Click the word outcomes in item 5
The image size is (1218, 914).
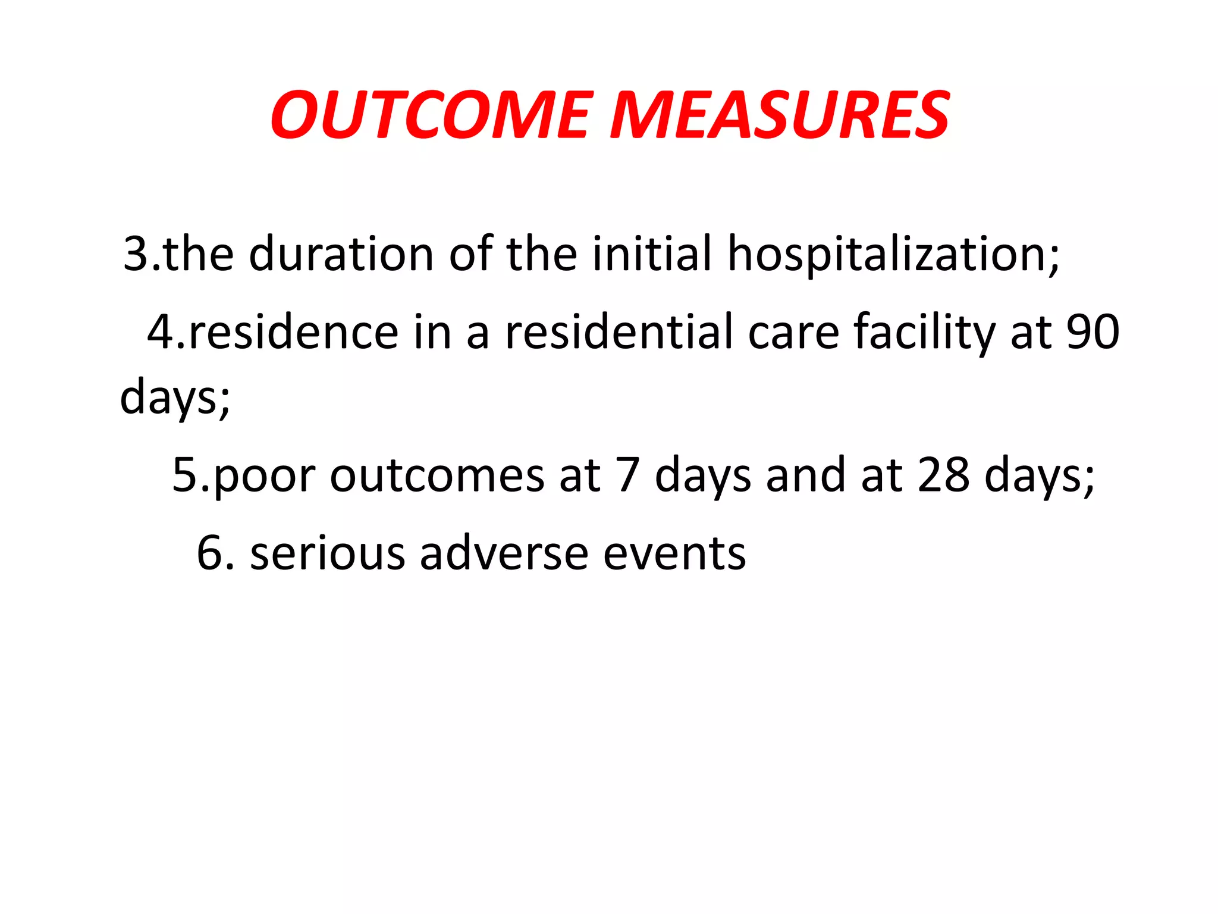pyautogui.click(x=437, y=476)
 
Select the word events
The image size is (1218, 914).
pyautogui.click(x=674, y=553)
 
